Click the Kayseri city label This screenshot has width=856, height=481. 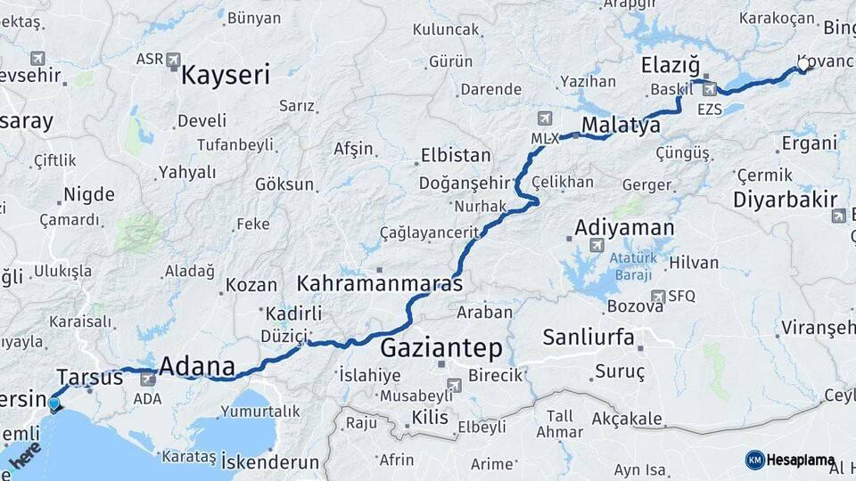[x=225, y=74]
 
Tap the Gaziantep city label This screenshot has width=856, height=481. [x=441, y=347]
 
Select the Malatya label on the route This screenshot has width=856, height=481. [x=621, y=126]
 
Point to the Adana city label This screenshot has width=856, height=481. [x=196, y=366]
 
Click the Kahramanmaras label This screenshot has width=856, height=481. [x=380, y=284]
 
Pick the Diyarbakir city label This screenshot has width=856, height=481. [x=785, y=199]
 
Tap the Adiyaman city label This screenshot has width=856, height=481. [x=624, y=227]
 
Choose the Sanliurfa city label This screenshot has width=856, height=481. [x=588, y=338]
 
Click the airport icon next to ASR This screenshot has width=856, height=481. [x=173, y=61]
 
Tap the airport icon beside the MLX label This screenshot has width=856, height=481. [x=546, y=118]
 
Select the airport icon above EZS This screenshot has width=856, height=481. [x=709, y=89]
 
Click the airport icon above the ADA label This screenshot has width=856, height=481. [x=148, y=379]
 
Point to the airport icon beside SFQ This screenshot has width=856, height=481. [x=658, y=297]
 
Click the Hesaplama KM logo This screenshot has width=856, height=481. [x=791, y=460]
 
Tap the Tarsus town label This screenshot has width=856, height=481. [x=89, y=377]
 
